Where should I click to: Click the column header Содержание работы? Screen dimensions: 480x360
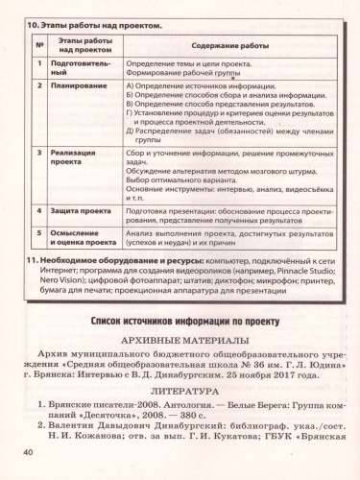tap(229, 46)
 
